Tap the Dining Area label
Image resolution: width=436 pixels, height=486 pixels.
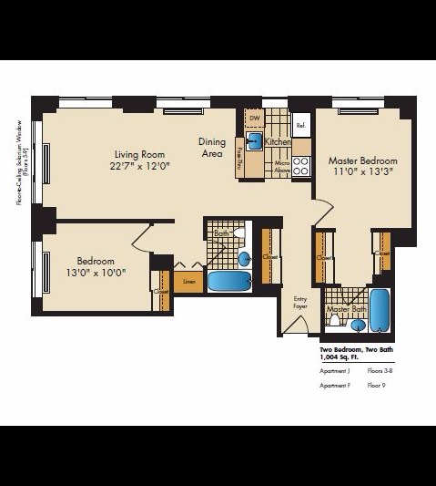212,148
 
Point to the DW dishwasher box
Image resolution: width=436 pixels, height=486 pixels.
255,119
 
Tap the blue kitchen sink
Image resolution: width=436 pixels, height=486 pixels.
256,141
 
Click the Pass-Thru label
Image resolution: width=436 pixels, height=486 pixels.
239,158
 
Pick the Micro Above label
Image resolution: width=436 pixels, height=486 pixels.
281,165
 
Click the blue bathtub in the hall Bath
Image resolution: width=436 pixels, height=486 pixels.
228,281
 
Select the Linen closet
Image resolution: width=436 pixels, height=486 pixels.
188,282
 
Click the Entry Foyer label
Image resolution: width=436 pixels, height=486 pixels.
300,303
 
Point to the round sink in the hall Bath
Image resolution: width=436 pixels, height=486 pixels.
244,259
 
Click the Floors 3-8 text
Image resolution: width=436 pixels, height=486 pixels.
380,372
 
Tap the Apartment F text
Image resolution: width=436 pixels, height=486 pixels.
335,386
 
